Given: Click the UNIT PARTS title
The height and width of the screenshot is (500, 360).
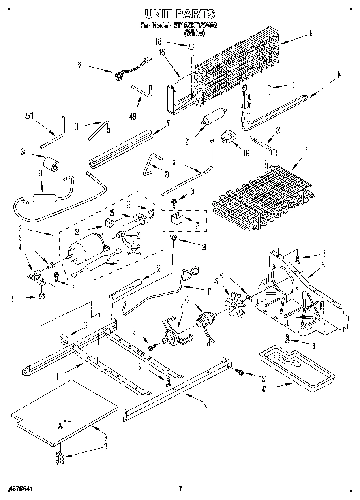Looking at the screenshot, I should pos(180,14).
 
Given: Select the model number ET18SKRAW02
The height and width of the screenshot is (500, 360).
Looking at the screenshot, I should pos(195,26).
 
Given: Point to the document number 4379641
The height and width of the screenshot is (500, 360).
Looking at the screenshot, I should pos(20,489).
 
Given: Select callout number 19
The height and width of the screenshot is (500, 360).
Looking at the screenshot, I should pos(246,153).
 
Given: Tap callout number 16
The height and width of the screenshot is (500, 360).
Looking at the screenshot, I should pos(162,52).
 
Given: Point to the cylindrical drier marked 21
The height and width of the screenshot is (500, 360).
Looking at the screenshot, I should pos(213,116).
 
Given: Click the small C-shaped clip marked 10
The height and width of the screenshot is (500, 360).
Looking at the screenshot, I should pos(269,89).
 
